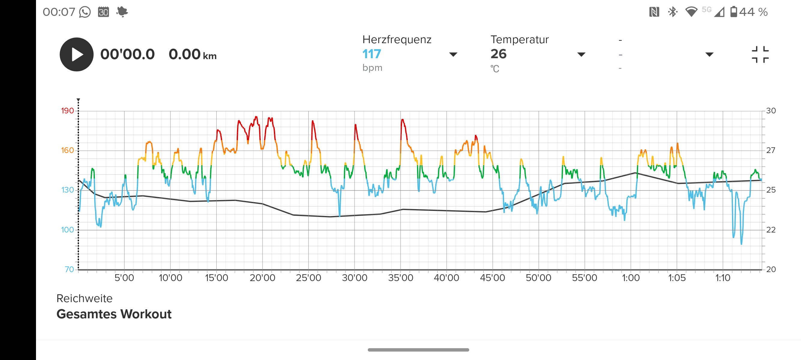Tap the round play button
pyautogui.click(x=76, y=54)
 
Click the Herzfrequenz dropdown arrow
pyautogui.click(x=453, y=55)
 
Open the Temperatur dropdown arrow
pyautogui.click(x=581, y=55)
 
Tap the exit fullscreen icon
pyautogui.click(x=760, y=55)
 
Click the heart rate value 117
pyautogui.click(x=371, y=54)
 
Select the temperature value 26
pyautogui.click(x=498, y=54)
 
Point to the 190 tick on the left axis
pyautogui.click(x=67, y=111)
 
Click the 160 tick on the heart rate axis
pyautogui.click(x=67, y=151)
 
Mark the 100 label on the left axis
pyautogui.click(x=67, y=230)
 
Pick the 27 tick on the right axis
pyautogui.click(x=770, y=151)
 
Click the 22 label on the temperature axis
pyautogui.click(x=770, y=230)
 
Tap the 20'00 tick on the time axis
pyautogui.click(x=262, y=277)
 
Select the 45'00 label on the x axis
pyautogui.click(x=493, y=277)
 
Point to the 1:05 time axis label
pyautogui.click(x=676, y=277)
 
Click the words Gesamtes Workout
pyautogui.click(x=114, y=314)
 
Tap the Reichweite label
pyautogui.click(x=84, y=298)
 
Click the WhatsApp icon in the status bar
pyautogui.click(x=85, y=12)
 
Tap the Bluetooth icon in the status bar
pyautogui.click(x=673, y=12)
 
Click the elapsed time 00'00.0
pyautogui.click(x=127, y=54)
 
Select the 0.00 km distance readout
pyautogui.click(x=193, y=54)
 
